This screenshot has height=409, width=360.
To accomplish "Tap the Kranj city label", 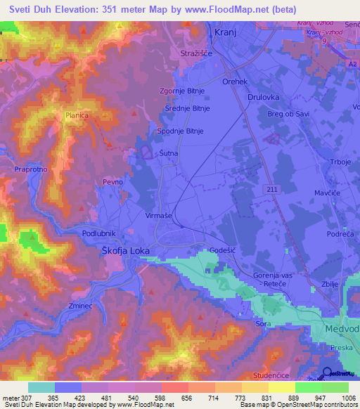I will pos(223,33).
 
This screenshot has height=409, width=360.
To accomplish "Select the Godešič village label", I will pos(224,251).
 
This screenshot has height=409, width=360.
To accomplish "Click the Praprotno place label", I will pos(29,169).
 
